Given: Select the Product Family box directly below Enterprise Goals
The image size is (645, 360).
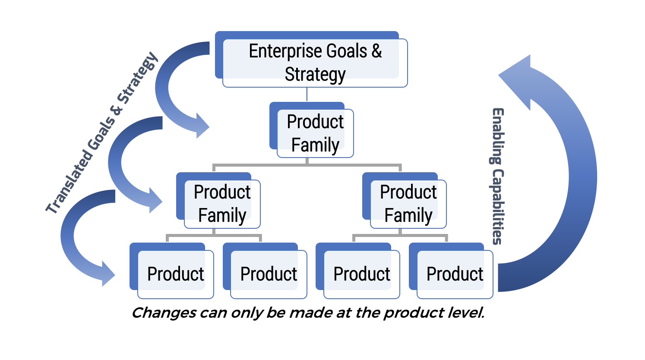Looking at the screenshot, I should (315, 133).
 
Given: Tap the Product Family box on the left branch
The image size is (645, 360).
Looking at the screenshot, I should (222, 203).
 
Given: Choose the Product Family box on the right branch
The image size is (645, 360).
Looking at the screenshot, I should (408, 203).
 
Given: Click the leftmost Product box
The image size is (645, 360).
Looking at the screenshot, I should (175, 274).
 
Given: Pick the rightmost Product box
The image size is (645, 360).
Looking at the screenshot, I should (455, 274).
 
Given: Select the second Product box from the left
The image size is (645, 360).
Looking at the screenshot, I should (269, 274).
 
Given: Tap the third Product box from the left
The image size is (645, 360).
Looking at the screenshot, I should (361, 274).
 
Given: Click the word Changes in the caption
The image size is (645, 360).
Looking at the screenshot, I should (163, 313).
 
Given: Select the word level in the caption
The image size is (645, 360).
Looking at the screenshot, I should (468, 313).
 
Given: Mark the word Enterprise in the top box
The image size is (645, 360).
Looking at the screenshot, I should (285, 51).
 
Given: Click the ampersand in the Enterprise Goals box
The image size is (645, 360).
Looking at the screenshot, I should (376, 51).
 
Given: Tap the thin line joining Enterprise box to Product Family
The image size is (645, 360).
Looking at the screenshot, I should (307, 95).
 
